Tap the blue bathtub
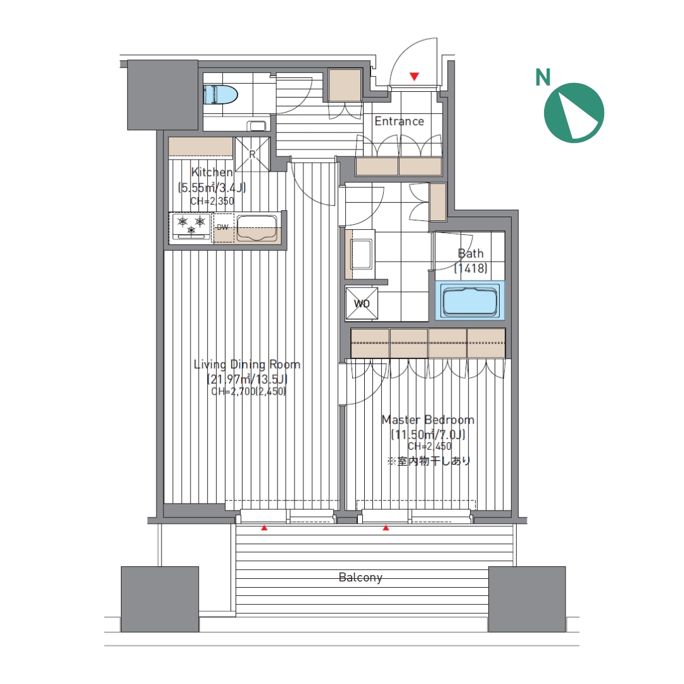(470, 301)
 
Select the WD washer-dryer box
(362, 303)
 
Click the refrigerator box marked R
(253, 154)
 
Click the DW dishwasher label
(222, 227)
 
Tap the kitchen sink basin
(256, 228)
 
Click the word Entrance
(399, 121)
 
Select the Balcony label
(360, 578)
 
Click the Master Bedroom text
(428, 420)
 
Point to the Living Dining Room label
(247, 364)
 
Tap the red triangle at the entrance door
(414, 77)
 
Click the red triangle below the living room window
(264, 528)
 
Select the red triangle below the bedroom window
(386, 528)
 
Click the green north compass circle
(574, 113)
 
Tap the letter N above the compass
(543, 77)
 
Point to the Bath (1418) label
(471, 260)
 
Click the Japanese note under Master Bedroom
(429, 460)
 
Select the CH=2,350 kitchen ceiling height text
(212, 201)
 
